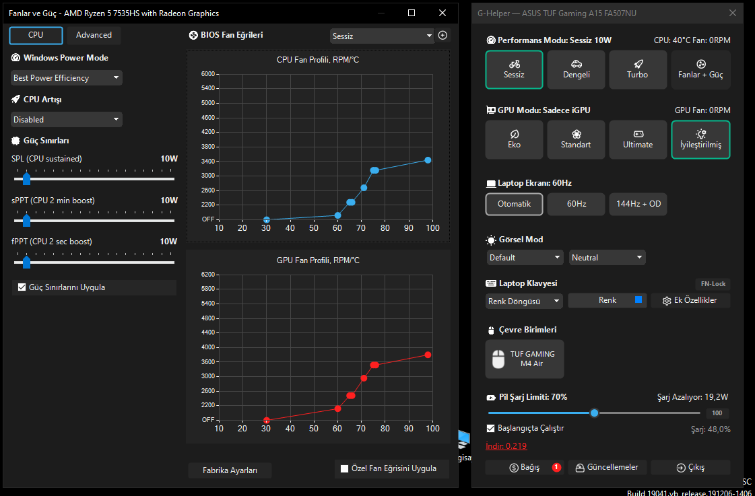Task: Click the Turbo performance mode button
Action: [x=638, y=70]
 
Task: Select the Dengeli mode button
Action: [x=576, y=70]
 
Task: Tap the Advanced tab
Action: [x=94, y=35]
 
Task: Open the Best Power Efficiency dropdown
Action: [x=67, y=78]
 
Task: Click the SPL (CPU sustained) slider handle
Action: [x=26, y=179]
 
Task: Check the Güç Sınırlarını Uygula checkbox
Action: [x=22, y=287]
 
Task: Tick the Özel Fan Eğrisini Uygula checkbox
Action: [x=344, y=468]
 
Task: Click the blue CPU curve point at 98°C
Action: [x=428, y=160]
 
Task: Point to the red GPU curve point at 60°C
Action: [x=337, y=409]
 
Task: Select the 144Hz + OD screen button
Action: [x=638, y=204]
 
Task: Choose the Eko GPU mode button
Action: [x=515, y=139]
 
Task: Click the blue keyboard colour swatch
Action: [x=638, y=299]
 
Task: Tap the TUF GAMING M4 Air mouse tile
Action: [x=525, y=359]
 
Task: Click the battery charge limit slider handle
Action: [x=594, y=413]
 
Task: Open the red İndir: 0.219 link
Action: [x=506, y=446]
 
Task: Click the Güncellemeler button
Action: [x=608, y=467]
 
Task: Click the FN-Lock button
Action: [x=713, y=284]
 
